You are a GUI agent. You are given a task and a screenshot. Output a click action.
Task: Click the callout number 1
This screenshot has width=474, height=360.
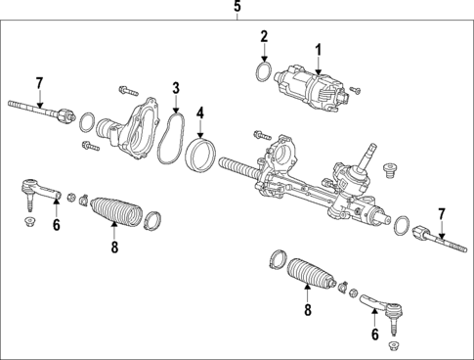(x=317, y=48)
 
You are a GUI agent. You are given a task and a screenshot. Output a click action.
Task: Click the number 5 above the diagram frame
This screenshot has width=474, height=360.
(x=237, y=8)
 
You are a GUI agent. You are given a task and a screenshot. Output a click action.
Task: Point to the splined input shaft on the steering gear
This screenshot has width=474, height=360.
(x=372, y=152)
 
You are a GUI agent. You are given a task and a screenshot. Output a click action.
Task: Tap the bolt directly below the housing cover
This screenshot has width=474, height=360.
(x=90, y=147)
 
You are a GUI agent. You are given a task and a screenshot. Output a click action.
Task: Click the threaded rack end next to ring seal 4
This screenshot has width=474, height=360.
(x=237, y=164)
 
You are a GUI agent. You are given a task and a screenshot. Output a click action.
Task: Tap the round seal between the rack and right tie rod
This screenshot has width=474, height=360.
(x=399, y=227)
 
